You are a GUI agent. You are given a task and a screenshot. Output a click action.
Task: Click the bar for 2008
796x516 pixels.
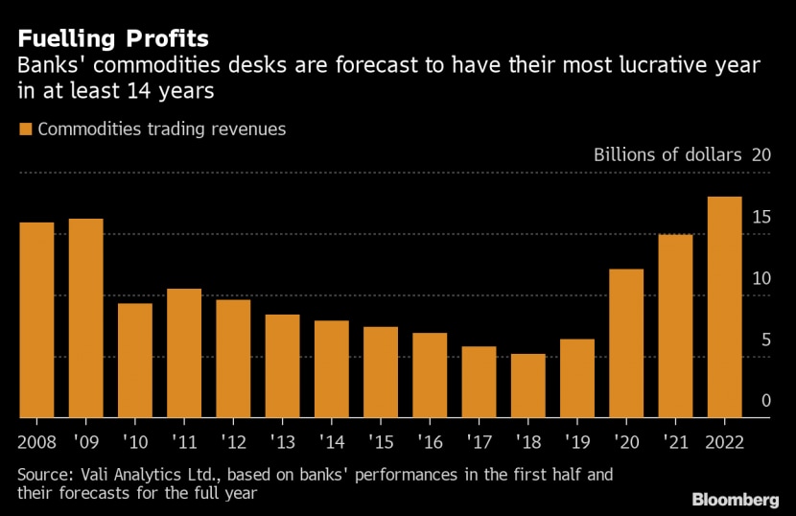tap(36, 320)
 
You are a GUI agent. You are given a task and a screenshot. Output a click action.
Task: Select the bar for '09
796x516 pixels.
tap(85, 318)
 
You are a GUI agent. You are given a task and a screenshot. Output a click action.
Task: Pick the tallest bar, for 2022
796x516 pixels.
tap(724, 307)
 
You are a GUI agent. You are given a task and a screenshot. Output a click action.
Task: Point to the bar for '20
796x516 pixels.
tap(626, 343)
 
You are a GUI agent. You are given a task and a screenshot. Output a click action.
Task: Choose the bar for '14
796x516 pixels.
tap(331, 369)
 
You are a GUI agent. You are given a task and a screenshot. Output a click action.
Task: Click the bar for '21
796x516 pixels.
tap(675, 326)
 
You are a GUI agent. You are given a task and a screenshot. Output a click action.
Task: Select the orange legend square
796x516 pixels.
tap(26, 129)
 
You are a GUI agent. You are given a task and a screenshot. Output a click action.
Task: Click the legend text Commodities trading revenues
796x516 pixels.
tap(161, 129)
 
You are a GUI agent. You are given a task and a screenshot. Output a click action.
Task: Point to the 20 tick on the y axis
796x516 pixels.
tap(762, 155)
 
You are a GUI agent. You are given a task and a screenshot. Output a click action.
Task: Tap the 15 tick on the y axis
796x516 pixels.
tap(762, 218)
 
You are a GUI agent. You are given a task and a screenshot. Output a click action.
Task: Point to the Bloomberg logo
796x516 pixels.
tap(735, 500)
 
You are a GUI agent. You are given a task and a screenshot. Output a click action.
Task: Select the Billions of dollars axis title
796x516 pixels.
tap(668, 155)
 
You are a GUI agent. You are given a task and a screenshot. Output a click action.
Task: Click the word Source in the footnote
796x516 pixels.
tap(44, 475)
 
